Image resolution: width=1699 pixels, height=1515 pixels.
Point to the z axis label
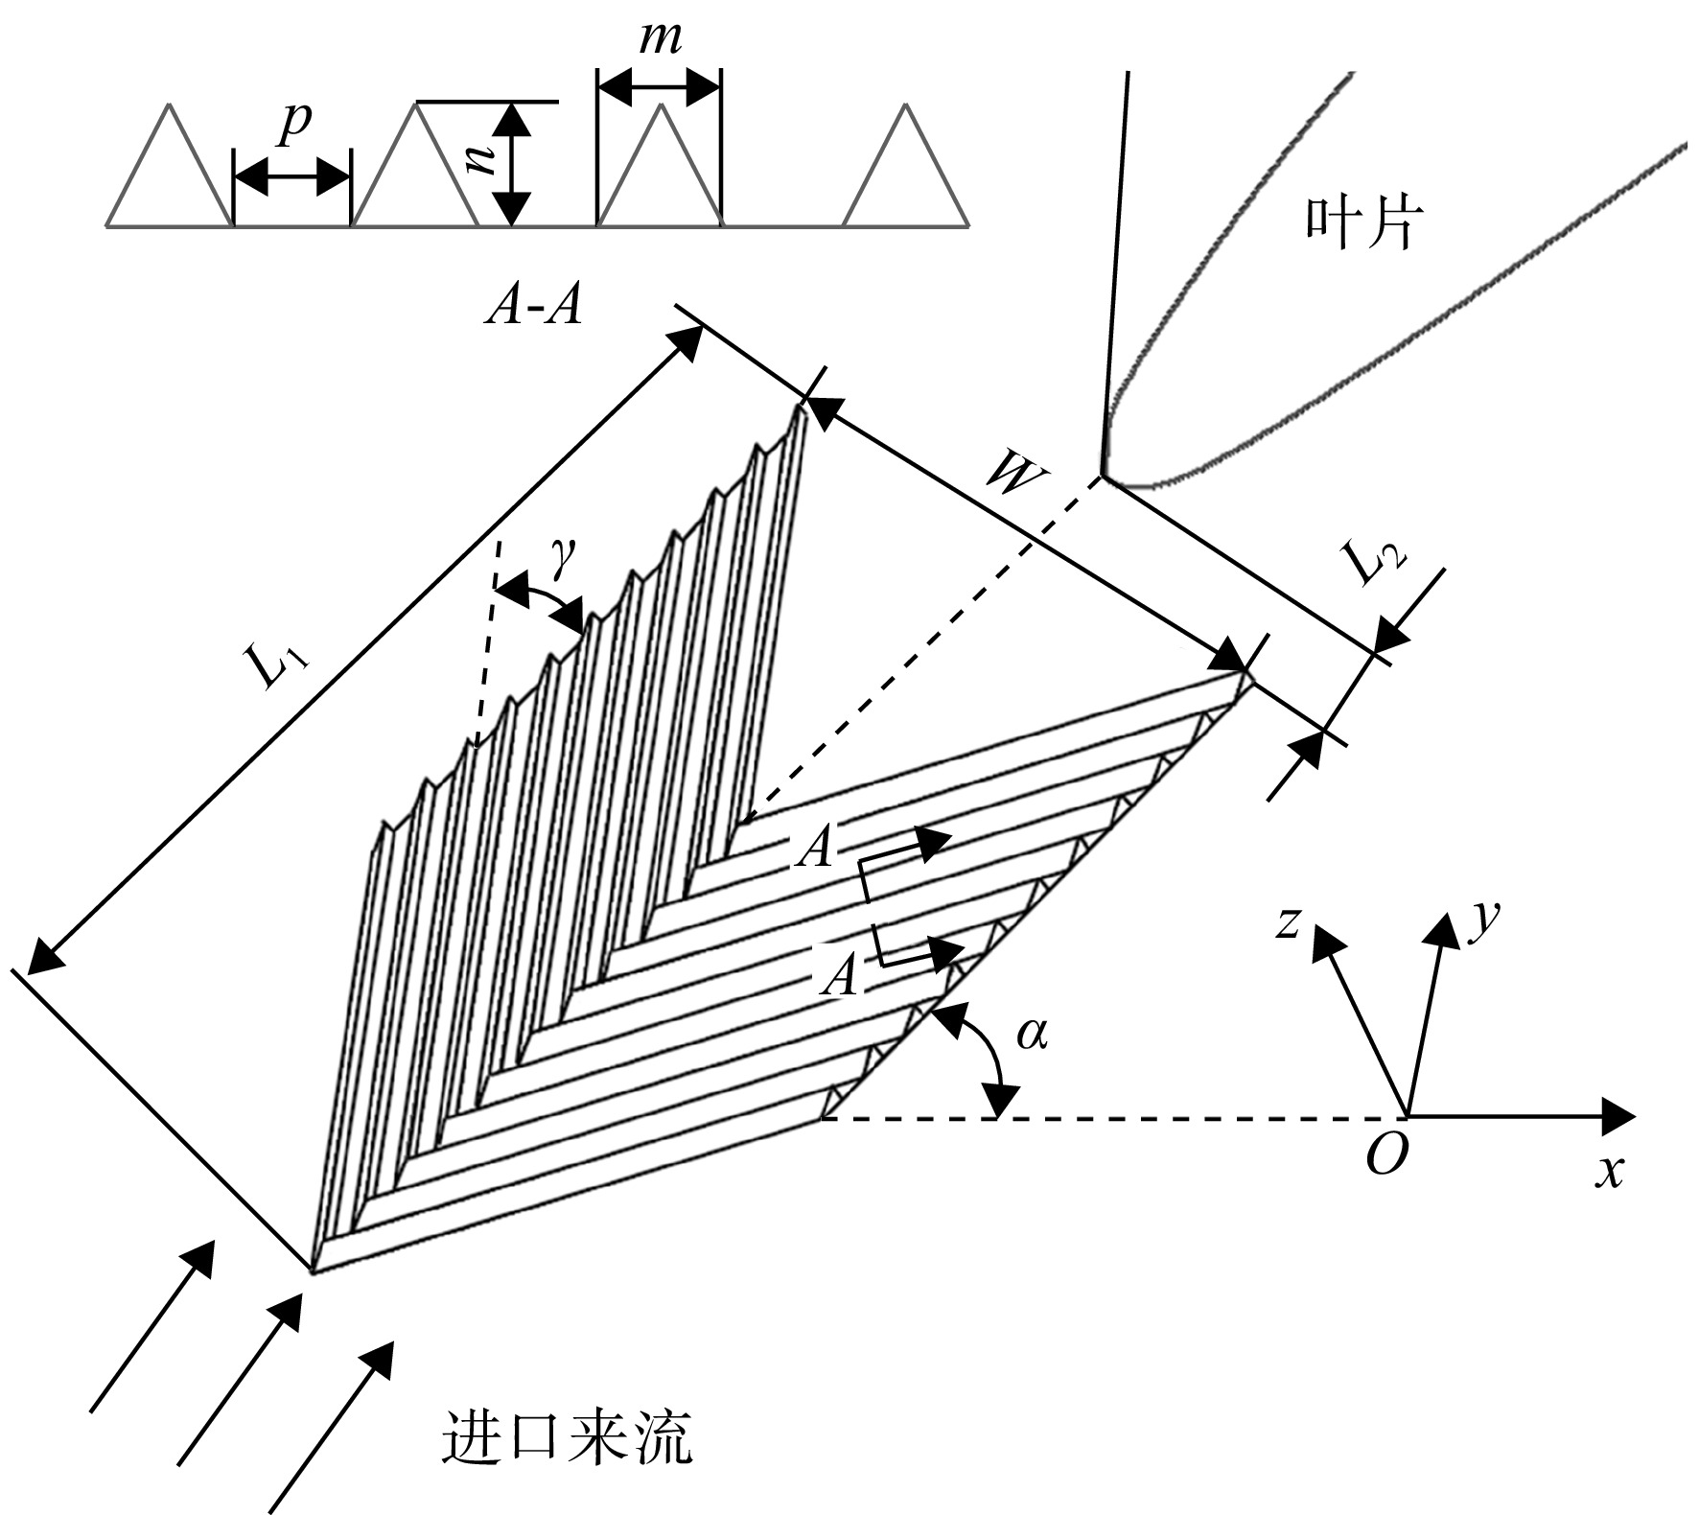[x=1288, y=922]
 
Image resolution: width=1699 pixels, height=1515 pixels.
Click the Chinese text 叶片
[x=1361, y=223]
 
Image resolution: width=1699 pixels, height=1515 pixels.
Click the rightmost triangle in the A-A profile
[x=905, y=166]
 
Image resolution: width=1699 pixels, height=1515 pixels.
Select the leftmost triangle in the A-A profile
[x=170, y=164]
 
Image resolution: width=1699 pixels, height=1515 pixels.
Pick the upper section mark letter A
[x=818, y=849]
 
